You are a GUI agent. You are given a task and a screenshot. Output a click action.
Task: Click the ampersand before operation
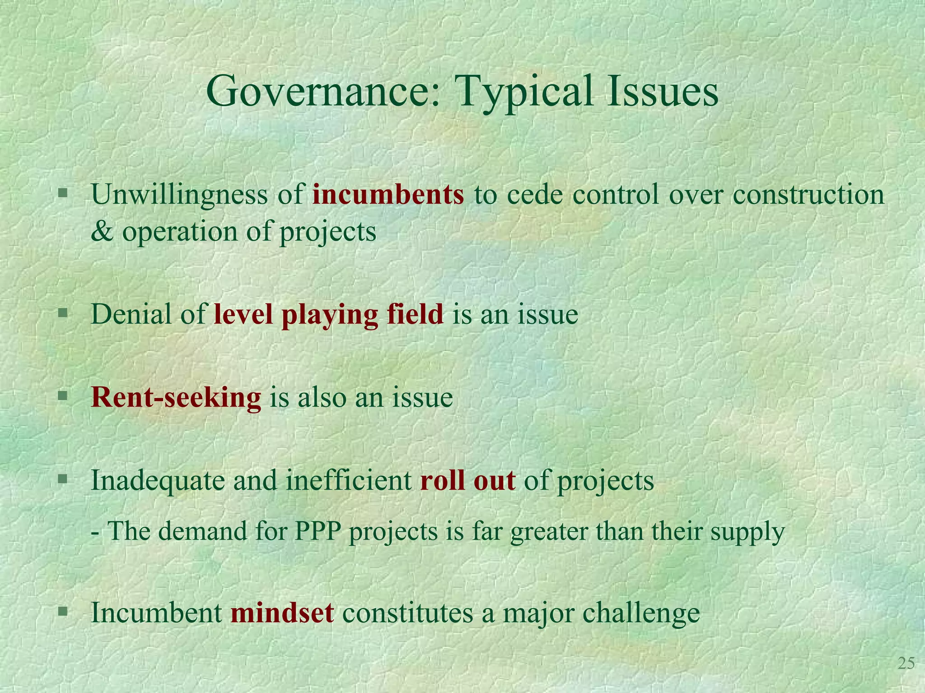coord(102,232)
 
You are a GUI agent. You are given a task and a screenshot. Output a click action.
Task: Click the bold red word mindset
coord(282,613)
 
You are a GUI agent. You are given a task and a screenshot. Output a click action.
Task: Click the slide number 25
coord(906,664)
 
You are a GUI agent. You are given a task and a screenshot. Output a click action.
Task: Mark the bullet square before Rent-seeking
coord(63,397)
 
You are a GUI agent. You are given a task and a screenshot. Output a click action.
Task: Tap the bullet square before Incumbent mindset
coord(63,611)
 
